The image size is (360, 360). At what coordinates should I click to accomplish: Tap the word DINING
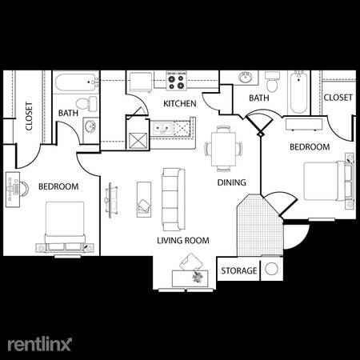click(x=231, y=182)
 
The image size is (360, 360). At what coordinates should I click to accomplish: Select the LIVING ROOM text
click(x=183, y=240)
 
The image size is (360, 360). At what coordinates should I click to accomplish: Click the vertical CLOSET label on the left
click(x=29, y=116)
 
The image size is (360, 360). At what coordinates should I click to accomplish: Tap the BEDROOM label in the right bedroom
click(x=309, y=147)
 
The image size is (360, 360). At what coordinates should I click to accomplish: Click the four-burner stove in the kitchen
click(x=176, y=81)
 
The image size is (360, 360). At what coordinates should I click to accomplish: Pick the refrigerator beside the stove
click(x=141, y=82)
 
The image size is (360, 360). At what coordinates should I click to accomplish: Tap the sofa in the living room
click(x=172, y=198)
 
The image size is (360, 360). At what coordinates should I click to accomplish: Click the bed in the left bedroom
click(x=64, y=226)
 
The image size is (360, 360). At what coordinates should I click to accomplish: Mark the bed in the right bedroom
click(x=328, y=181)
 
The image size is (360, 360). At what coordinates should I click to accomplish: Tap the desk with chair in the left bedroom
click(x=16, y=190)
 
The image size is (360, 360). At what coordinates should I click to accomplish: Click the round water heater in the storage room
click(x=272, y=270)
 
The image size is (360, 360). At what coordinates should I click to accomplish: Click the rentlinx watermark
click(x=40, y=343)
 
